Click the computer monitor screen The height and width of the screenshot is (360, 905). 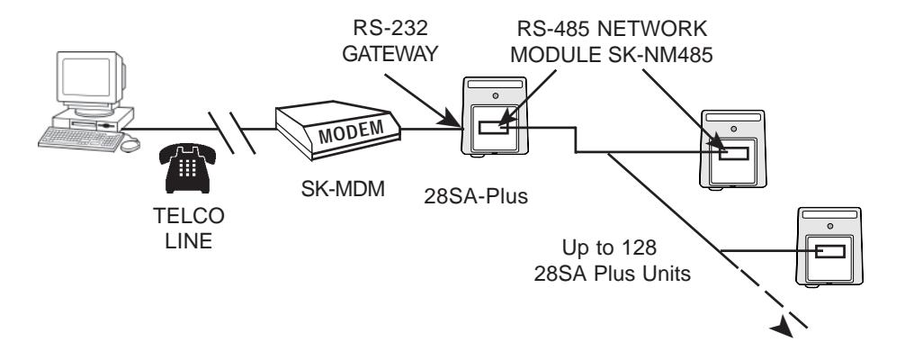tap(86, 77)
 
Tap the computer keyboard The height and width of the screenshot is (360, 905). tap(80, 139)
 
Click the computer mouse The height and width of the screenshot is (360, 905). tap(130, 145)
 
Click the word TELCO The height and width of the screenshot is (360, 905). tap(188, 216)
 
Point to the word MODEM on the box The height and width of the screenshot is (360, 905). tap(351, 131)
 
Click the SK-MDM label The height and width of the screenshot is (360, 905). tap(343, 188)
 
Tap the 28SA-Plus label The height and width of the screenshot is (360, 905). tap(476, 196)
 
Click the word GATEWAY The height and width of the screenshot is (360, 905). tap(390, 54)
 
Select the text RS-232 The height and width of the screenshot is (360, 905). tap(390, 27)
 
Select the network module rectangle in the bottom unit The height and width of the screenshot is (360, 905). tap(829, 251)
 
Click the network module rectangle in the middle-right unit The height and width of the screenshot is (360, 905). tap(733, 153)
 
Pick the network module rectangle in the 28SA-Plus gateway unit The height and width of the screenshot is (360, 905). tap(494, 127)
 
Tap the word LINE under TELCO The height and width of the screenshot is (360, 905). tap(188, 241)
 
